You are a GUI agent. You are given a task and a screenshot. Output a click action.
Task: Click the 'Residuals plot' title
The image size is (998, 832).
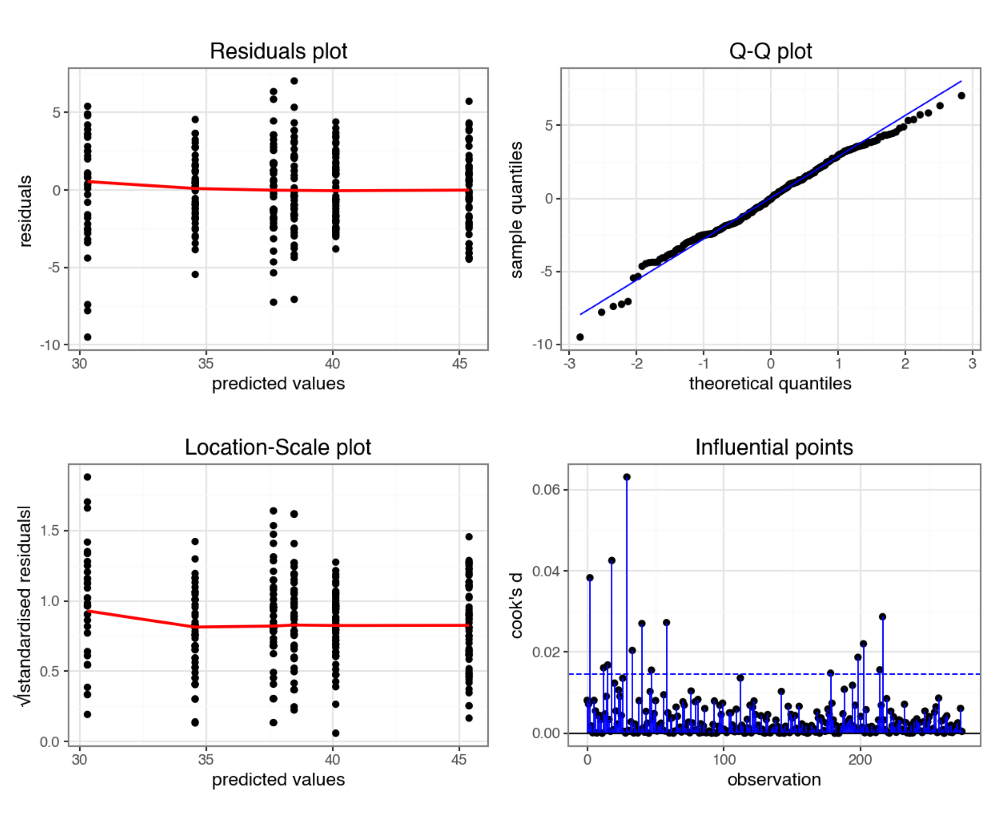coord(278,51)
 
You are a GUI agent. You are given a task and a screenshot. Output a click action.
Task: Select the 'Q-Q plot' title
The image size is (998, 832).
coord(770,51)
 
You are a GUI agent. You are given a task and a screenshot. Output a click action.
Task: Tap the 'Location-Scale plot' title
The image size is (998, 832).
coord(278,447)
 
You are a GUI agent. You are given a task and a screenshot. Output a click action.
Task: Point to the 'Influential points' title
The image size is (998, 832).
coord(774,447)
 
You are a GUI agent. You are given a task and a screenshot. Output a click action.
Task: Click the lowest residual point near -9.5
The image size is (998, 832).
coord(87,337)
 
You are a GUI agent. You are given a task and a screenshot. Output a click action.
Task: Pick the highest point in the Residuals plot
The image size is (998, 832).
coord(294,81)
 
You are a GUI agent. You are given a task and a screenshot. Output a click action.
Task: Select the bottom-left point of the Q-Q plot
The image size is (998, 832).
coord(580,337)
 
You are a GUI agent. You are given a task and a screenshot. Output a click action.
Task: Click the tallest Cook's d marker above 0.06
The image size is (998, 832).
coord(627,477)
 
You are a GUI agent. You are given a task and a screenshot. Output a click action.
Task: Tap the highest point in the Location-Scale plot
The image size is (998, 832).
coord(87,477)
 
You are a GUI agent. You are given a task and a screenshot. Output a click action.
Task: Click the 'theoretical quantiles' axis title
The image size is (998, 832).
coord(770,383)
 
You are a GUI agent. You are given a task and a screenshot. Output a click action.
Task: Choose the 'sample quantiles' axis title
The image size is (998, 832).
coord(517,209)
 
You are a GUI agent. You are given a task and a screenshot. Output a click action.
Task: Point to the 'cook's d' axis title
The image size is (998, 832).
coord(517,605)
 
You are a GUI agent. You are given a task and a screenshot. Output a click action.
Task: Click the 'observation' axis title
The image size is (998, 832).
coord(774,779)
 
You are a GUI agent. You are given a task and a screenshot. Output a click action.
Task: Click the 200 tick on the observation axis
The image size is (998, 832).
coord(860,759)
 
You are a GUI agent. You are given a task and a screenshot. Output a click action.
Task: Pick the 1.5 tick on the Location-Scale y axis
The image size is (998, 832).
coord(49,530)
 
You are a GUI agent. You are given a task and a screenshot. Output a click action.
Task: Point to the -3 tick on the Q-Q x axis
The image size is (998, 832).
coord(569,364)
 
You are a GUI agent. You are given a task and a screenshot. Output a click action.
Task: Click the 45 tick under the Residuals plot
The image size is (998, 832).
coord(459,364)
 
